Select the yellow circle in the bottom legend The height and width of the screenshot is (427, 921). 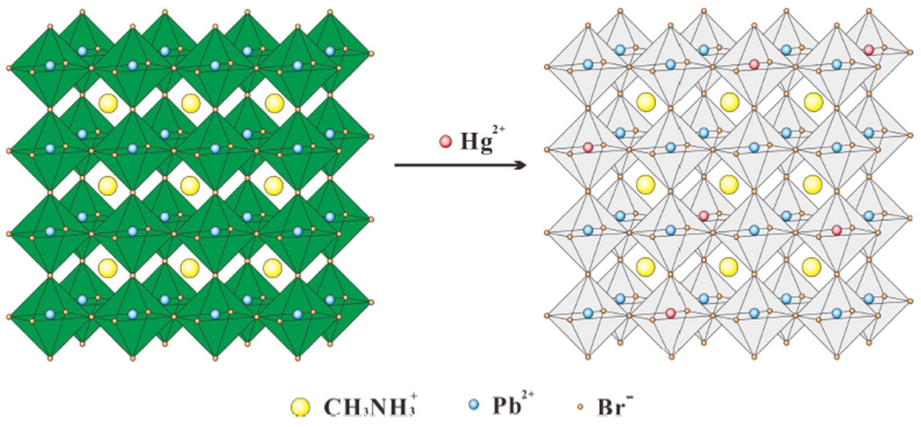tap(301, 407)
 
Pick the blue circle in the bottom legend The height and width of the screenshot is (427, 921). tap(473, 405)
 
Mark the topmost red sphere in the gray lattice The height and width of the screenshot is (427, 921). tap(869, 50)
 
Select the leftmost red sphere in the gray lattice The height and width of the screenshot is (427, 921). tap(588, 147)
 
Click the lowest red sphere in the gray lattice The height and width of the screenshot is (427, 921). tap(671, 313)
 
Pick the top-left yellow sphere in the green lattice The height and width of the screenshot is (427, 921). tap(108, 103)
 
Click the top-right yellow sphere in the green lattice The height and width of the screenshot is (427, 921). tap(275, 103)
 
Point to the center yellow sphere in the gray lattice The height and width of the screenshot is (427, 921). tap(729, 184)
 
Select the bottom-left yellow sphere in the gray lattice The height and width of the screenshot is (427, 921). tap(646, 267)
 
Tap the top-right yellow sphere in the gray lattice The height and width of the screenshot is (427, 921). tap(813, 102)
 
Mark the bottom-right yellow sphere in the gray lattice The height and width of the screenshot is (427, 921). tap(812, 267)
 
